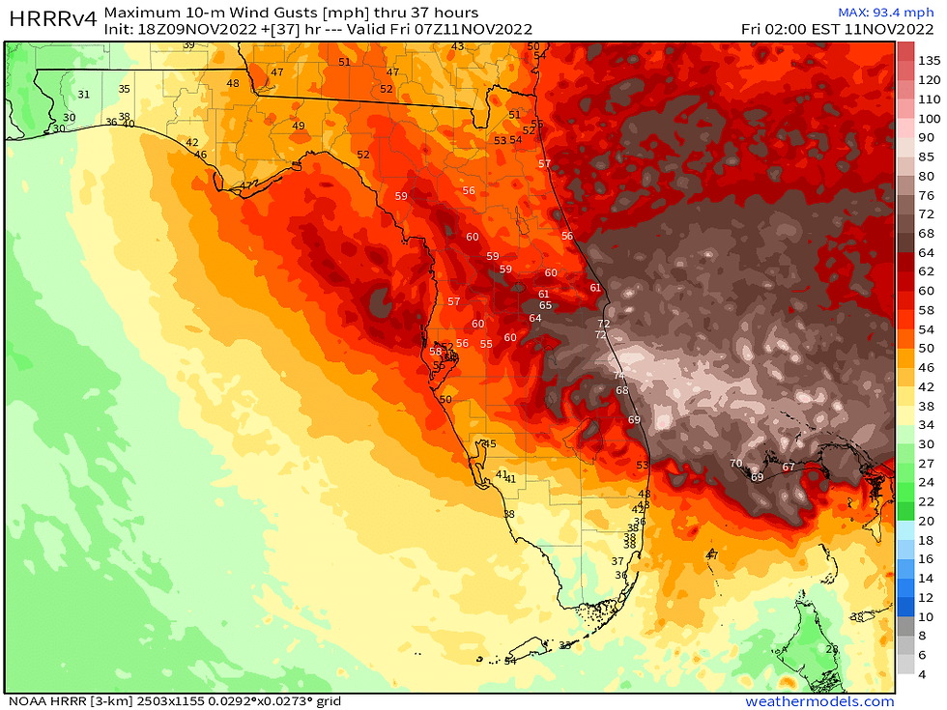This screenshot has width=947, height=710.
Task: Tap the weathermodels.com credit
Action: point(819,701)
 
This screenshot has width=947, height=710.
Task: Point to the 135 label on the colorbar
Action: point(929,61)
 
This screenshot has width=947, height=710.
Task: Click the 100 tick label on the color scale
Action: point(929,118)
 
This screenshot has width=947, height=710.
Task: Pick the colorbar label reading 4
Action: point(923,674)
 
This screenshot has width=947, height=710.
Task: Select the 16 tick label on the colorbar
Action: point(926,559)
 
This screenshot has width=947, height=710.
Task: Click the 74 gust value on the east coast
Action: point(618,376)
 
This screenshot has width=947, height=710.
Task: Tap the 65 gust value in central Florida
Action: point(545,305)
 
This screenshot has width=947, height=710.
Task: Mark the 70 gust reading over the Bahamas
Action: point(735,464)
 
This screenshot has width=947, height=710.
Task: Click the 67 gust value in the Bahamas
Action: point(789,468)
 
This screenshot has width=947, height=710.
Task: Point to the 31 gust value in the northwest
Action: point(83,95)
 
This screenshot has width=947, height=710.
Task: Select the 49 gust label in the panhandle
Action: point(299,127)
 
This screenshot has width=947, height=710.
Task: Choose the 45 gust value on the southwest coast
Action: point(490,444)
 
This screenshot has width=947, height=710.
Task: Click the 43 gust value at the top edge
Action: point(457,46)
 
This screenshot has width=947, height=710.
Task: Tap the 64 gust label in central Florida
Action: point(535,319)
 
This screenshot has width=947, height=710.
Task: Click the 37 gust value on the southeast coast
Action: point(617,561)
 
